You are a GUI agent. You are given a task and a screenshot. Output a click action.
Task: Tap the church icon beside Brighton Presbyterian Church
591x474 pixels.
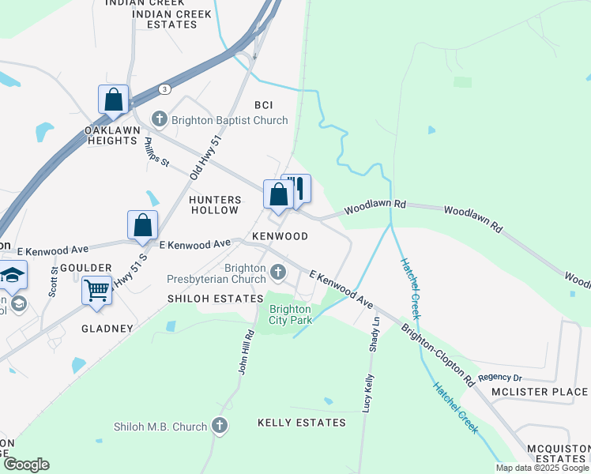click(277, 273)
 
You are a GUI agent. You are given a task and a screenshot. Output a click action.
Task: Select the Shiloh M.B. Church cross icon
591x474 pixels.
click(220, 427)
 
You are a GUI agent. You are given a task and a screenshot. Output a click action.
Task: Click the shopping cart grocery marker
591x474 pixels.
click(96, 289)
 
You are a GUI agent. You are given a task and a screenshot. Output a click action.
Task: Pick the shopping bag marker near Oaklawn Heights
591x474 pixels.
click(113, 100)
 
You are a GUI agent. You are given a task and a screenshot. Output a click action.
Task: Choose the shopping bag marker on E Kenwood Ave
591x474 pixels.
click(142, 225)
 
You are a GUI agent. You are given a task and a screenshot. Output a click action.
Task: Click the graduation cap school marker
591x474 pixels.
click(13, 275)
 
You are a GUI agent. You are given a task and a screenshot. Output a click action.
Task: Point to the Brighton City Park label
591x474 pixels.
click(290, 314)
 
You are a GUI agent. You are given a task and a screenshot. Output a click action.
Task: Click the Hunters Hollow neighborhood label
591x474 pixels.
click(214, 205)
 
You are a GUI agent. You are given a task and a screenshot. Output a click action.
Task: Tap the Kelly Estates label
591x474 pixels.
click(302, 423)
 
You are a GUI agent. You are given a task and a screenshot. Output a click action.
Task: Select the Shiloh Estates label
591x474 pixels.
click(215, 299)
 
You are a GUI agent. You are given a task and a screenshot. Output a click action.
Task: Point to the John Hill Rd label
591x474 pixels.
click(245, 352)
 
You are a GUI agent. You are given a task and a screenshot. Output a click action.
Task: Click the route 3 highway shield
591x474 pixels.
click(164, 89)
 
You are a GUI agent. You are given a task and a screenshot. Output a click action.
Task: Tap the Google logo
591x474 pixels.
click(26, 465)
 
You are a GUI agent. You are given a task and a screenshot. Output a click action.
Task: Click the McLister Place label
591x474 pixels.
click(540, 392)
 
